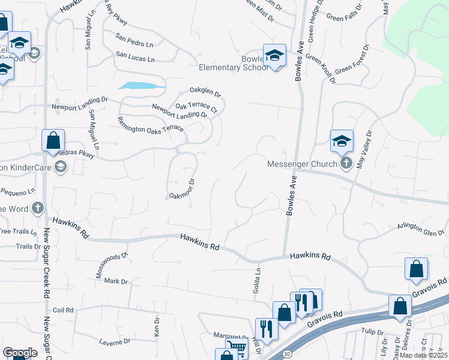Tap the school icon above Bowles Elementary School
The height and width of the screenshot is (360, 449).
click(x=274, y=56)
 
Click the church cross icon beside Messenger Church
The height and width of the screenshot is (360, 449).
click(x=345, y=163)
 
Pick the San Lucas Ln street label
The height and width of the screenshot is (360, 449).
click(x=135, y=58)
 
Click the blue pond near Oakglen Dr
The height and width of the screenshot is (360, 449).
click(x=142, y=86)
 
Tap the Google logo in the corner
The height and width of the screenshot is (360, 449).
click(x=20, y=353)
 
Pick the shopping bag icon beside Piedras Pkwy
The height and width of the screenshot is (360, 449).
click(x=53, y=142)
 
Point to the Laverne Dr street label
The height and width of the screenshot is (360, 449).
click(x=114, y=341)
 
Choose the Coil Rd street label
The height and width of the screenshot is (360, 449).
click(x=62, y=310)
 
